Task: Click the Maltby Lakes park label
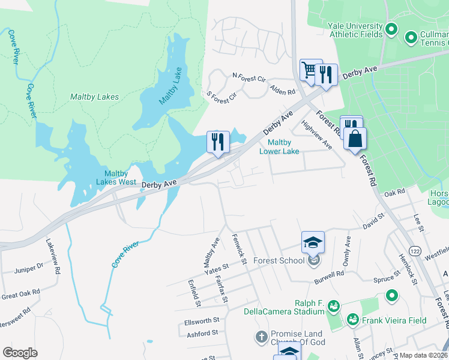pyautogui.click(x=94, y=97)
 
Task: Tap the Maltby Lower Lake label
pyautogui.click(x=279, y=146)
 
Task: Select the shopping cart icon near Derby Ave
pyautogui.click(x=310, y=70)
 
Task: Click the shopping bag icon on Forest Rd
pyautogui.click(x=355, y=139)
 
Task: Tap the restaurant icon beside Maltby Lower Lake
pyautogui.click(x=217, y=142)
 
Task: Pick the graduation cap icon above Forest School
pyautogui.click(x=313, y=242)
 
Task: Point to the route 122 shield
pyautogui.click(x=414, y=249)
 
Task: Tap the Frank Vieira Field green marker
pyautogui.click(x=352, y=320)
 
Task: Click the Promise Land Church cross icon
pyautogui.click(x=261, y=337)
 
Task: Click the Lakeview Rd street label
pyautogui.click(x=53, y=257)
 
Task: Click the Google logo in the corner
pyautogui.click(x=20, y=353)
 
